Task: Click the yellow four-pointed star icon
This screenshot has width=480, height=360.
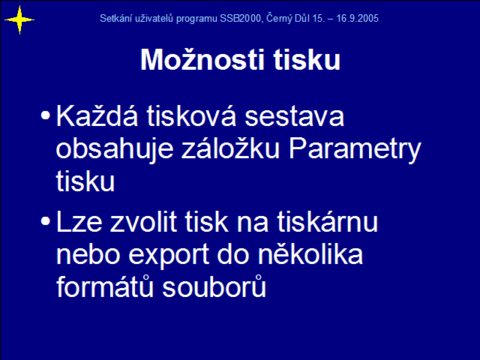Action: [19, 20]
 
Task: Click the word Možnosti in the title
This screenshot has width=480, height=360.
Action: [202, 59]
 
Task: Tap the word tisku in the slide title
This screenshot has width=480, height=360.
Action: [307, 59]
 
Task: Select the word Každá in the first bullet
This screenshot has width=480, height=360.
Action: [97, 115]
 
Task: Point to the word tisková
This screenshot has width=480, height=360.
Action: [191, 115]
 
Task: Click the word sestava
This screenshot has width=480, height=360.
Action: [294, 117]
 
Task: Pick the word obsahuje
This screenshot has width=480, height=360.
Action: [115, 149]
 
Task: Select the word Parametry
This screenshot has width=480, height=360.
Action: [355, 149]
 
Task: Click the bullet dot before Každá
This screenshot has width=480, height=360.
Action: [45, 115]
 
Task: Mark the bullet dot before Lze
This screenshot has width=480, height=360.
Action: [45, 221]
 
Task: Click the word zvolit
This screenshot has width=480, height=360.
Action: [143, 221]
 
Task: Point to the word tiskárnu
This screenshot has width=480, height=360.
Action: [328, 221]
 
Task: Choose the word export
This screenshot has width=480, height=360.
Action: [169, 256]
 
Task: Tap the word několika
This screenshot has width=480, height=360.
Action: [310, 253]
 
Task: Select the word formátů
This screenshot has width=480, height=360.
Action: [105, 286]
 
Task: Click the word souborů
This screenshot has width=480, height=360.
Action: [214, 286]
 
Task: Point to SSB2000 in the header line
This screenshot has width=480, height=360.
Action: [240, 18]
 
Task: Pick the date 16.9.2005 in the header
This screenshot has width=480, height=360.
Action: [357, 18]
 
